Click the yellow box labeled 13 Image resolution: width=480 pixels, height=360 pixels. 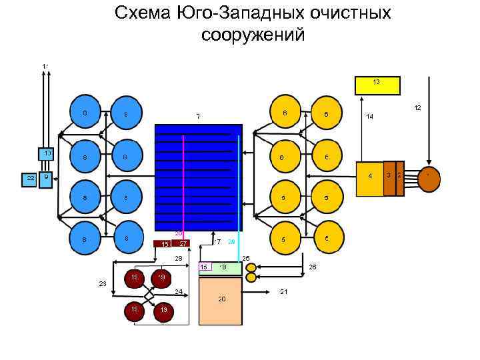[x=377, y=85]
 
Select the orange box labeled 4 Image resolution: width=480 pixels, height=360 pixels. [x=369, y=177]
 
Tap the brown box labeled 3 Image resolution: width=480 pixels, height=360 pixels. [x=389, y=178]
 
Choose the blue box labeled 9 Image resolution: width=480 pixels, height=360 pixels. [x=45, y=179]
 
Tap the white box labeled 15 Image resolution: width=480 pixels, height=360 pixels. [x=205, y=267]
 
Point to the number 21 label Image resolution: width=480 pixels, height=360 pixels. [x=284, y=292]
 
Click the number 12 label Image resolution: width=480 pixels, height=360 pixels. [x=417, y=107]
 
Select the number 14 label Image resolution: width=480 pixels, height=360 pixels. [x=369, y=116]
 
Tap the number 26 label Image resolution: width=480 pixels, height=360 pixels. [x=312, y=267]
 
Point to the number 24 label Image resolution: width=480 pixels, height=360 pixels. [x=178, y=291]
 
